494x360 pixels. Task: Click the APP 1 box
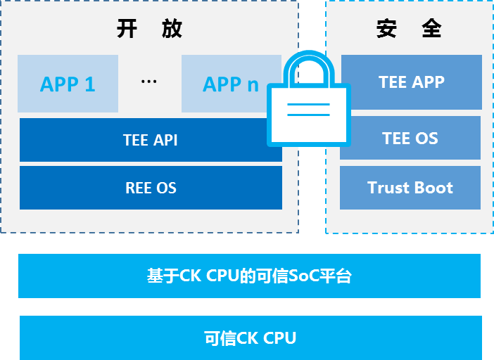pos(68,84)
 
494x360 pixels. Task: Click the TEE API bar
pos(151,140)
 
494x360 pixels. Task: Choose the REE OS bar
pos(151,188)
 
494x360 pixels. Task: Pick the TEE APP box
pos(411,82)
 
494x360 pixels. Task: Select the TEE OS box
pos(410,138)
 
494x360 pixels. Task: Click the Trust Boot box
pos(410,188)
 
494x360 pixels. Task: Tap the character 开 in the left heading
pos(126,29)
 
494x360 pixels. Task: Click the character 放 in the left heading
pos(172,29)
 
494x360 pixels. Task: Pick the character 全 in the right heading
pos(431,29)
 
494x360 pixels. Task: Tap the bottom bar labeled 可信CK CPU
pos(250,338)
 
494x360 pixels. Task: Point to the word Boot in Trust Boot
pos(432,188)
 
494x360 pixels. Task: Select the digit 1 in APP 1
pos(89,84)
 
